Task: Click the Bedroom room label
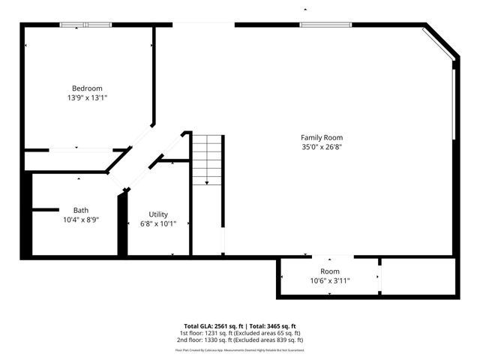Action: click(x=87, y=88)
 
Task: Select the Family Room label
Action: click(x=322, y=137)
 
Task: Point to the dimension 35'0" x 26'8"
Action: click(x=322, y=147)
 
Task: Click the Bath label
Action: click(x=81, y=210)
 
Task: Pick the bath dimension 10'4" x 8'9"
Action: click(x=81, y=220)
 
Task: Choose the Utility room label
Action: click(x=158, y=214)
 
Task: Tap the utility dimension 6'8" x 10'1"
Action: click(x=158, y=223)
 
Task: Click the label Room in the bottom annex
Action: click(x=330, y=271)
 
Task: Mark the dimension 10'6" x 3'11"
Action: click(x=330, y=281)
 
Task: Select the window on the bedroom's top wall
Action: click(x=85, y=25)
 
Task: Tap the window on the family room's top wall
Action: click(x=325, y=25)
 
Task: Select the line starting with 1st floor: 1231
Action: click(x=240, y=333)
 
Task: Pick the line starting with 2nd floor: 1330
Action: click(x=240, y=340)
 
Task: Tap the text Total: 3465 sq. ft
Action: click(x=273, y=326)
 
